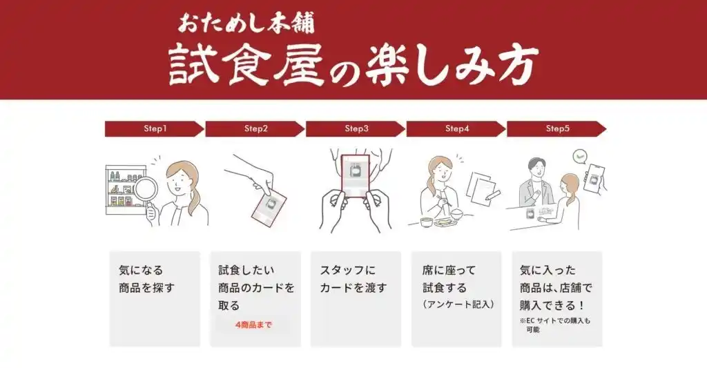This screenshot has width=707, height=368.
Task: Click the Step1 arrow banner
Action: (x=154, y=128)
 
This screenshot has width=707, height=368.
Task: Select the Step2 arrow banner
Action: (x=255, y=128)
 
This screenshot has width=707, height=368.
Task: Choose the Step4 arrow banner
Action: (x=456, y=128)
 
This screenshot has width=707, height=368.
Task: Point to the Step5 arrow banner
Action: (x=556, y=128)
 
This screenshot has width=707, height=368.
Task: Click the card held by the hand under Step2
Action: (x=269, y=206)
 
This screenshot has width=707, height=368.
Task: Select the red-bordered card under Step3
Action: (x=356, y=177)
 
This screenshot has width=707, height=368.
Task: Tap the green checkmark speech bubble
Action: (x=580, y=157)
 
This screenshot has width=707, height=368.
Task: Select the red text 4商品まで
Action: (x=253, y=325)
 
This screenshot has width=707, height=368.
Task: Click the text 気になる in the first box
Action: (x=141, y=270)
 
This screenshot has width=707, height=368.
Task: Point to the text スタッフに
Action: (x=348, y=270)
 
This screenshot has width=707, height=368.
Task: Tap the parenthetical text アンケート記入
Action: (x=458, y=304)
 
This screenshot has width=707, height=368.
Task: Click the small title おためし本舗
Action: (x=246, y=24)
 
